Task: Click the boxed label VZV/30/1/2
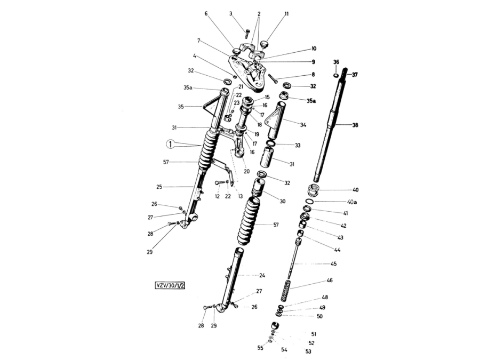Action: click(x=170, y=285)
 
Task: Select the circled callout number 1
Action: click(x=170, y=144)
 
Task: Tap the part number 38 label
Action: click(x=355, y=125)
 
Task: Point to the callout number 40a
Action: click(x=352, y=202)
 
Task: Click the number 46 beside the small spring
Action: click(x=330, y=280)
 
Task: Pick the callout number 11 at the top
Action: click(x=286, y=14)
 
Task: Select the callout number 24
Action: click(x=262, y=275)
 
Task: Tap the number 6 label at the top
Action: click(x=206, y=13)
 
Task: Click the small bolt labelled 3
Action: click(x=247, y=34)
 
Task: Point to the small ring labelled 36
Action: click(x=336, y=75)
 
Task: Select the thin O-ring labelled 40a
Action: click(x=309, y=201)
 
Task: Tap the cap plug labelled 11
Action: click(x=264, y=45)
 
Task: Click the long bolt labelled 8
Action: click(x=273, y=79)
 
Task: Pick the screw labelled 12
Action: click(x=220, y=183)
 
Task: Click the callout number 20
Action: click(x=247, y=171)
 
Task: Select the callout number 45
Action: click(x=334, y=263)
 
